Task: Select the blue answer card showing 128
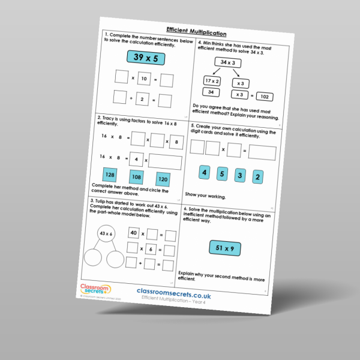tap(110, 175)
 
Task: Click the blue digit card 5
tap(221, 174)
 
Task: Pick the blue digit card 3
tap(240, 175)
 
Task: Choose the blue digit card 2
tap(258, 177)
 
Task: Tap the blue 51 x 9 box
tap(229, 248)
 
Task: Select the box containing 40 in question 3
tap(134, 232)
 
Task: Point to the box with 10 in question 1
tap(143, 79)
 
